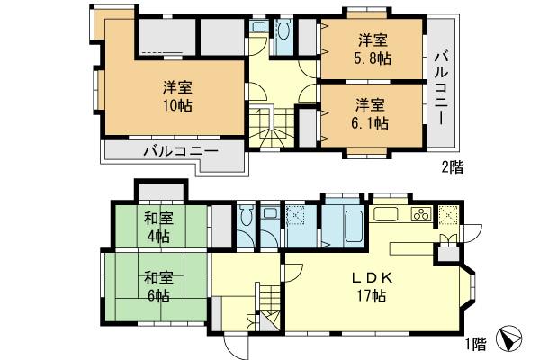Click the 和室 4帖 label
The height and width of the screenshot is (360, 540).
[157, 228]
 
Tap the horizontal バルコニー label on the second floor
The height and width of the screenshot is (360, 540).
[180, 151]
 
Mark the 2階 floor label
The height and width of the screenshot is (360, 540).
[452, 166]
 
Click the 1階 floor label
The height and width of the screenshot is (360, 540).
[477, 343]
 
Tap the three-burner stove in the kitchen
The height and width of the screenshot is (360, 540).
[419, 215]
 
